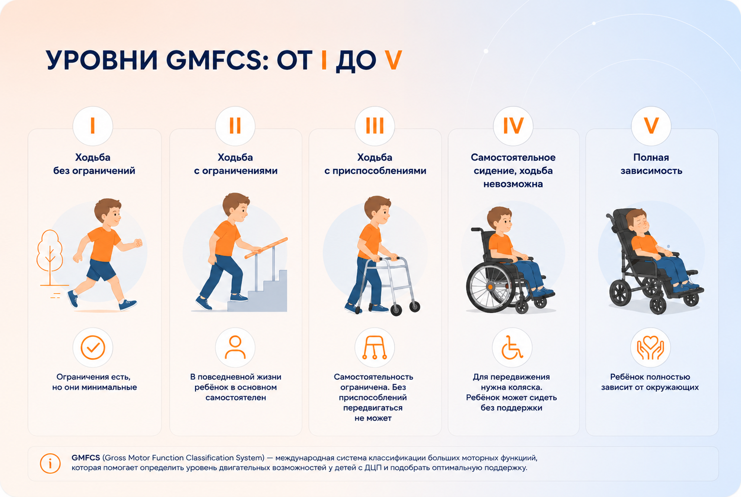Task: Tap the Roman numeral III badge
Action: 375,126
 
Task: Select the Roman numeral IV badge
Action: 513,126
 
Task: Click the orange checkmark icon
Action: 93,347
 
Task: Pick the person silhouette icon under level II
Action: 235,347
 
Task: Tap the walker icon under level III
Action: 375,347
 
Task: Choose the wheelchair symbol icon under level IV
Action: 512,347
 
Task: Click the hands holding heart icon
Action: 650,347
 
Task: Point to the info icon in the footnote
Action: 50,463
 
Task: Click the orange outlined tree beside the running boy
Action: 50,256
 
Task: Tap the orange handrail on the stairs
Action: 266,248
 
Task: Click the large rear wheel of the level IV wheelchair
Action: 488,287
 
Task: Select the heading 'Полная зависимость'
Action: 651,164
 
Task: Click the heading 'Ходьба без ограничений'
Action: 94,164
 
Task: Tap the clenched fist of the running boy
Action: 138,243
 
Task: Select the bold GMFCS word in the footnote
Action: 86,458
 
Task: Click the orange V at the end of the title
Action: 393,60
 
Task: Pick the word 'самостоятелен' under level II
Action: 236,397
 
